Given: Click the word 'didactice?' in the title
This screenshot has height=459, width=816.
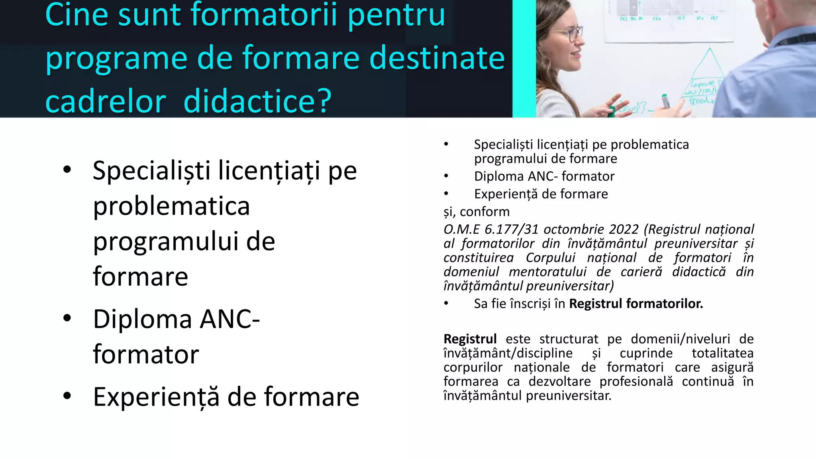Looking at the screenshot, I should [x=257, y=101].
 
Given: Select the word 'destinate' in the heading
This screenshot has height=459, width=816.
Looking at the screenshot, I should [x=437, y=58].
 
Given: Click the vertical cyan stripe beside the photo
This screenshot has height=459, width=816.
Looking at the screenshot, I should [x=524, y=59].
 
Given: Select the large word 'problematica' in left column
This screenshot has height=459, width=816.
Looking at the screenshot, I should [x=171, y=206].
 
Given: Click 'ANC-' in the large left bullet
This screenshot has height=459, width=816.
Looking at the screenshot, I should [x=230, y=319].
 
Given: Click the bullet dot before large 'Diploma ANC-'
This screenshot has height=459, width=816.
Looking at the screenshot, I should [x=67, y=318].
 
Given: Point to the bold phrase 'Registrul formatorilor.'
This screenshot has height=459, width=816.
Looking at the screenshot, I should [x=636, y=304].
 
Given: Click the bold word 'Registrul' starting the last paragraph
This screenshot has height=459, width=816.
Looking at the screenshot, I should [x=470, y=339].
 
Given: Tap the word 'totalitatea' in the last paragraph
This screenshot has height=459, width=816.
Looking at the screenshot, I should [x=722, y=353].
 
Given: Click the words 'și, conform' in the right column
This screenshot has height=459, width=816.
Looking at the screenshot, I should [x=477, y=212].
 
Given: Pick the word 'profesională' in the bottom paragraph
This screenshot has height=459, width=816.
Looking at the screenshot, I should [x=636, y=382].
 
